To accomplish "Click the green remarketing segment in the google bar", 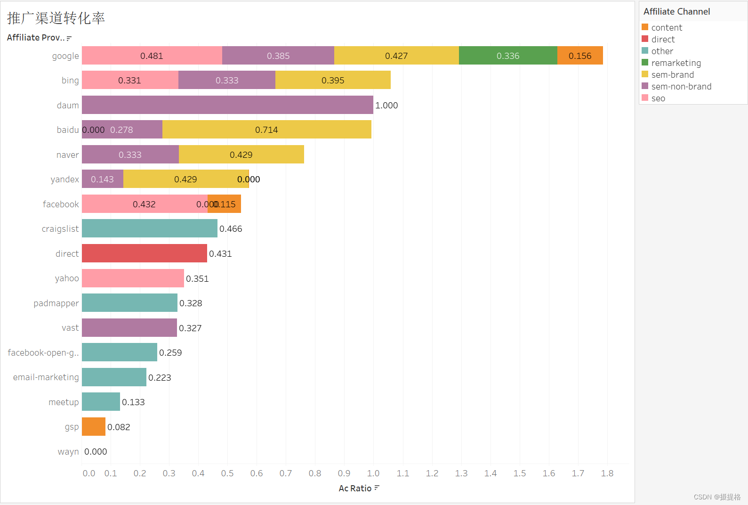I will pos(507,56).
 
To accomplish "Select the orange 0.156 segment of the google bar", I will pos(579,56).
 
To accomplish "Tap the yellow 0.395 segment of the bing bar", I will pos(333,80).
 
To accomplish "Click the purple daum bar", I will pos(227,105).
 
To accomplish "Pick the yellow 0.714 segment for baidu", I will pos(266,130).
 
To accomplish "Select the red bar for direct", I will pos(144,253).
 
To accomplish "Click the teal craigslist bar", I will pos(149,228).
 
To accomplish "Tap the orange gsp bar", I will pos(93,427).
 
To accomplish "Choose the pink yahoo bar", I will pos(133,278).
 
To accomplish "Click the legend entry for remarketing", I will pos(676,63).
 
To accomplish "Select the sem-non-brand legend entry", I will pos(681,87).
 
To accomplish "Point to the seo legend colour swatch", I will pos(645,98).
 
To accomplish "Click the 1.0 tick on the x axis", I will pos(373,473).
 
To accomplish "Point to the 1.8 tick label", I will pos(607,473).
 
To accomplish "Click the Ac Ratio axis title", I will pos(355,489).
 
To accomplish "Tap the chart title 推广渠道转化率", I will pos(56,18).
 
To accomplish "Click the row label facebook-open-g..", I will pos(43,353).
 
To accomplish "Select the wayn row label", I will pos(68,452).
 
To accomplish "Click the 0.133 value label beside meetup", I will pos(133,402).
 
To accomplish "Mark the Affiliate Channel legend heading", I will pos(676,12).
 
